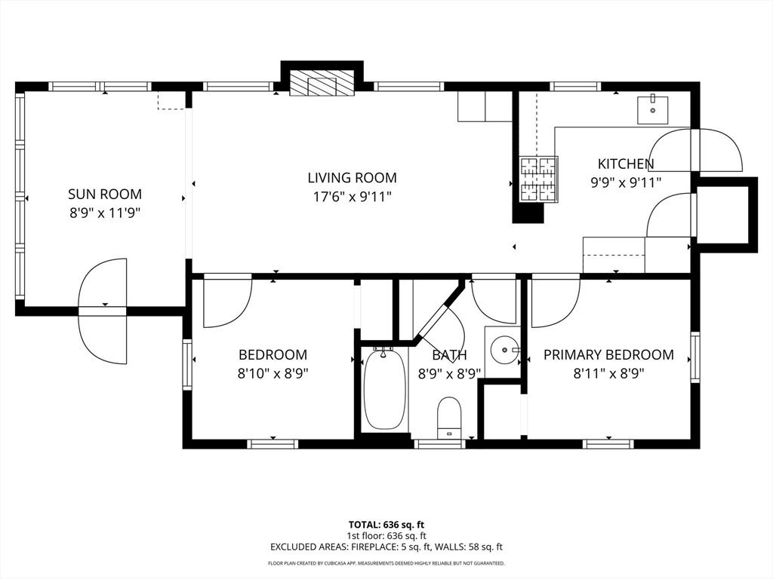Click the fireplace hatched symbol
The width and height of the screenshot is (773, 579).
(x=322, y=84)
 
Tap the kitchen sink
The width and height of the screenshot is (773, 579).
(x=652, y=110)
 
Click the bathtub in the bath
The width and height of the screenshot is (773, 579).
(x=385, y=389)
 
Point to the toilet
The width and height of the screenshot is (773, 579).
(x=449, y=417)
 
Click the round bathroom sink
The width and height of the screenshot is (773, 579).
(x=504, y=350)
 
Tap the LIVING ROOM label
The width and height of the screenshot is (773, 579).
(x=352, y=178)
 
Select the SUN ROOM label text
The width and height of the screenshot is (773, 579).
(x=105, y=195)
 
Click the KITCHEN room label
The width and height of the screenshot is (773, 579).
(x=626, y=164)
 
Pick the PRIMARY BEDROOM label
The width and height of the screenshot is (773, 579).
(x=608, y=354)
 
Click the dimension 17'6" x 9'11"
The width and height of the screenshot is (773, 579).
(x=352, y=197)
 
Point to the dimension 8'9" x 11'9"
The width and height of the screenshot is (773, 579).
(x=105, y=213)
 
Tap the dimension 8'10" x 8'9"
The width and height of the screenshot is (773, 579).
(x=273, y=373)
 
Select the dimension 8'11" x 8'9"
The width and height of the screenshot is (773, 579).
(x=608, y=373)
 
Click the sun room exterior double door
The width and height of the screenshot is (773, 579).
(x=103, y=311)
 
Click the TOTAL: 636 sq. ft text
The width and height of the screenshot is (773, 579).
(x=386, y=525)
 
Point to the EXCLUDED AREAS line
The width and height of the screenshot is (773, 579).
(x=386, y=547)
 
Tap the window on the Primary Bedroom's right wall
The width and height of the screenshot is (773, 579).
(x=694, y=357)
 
